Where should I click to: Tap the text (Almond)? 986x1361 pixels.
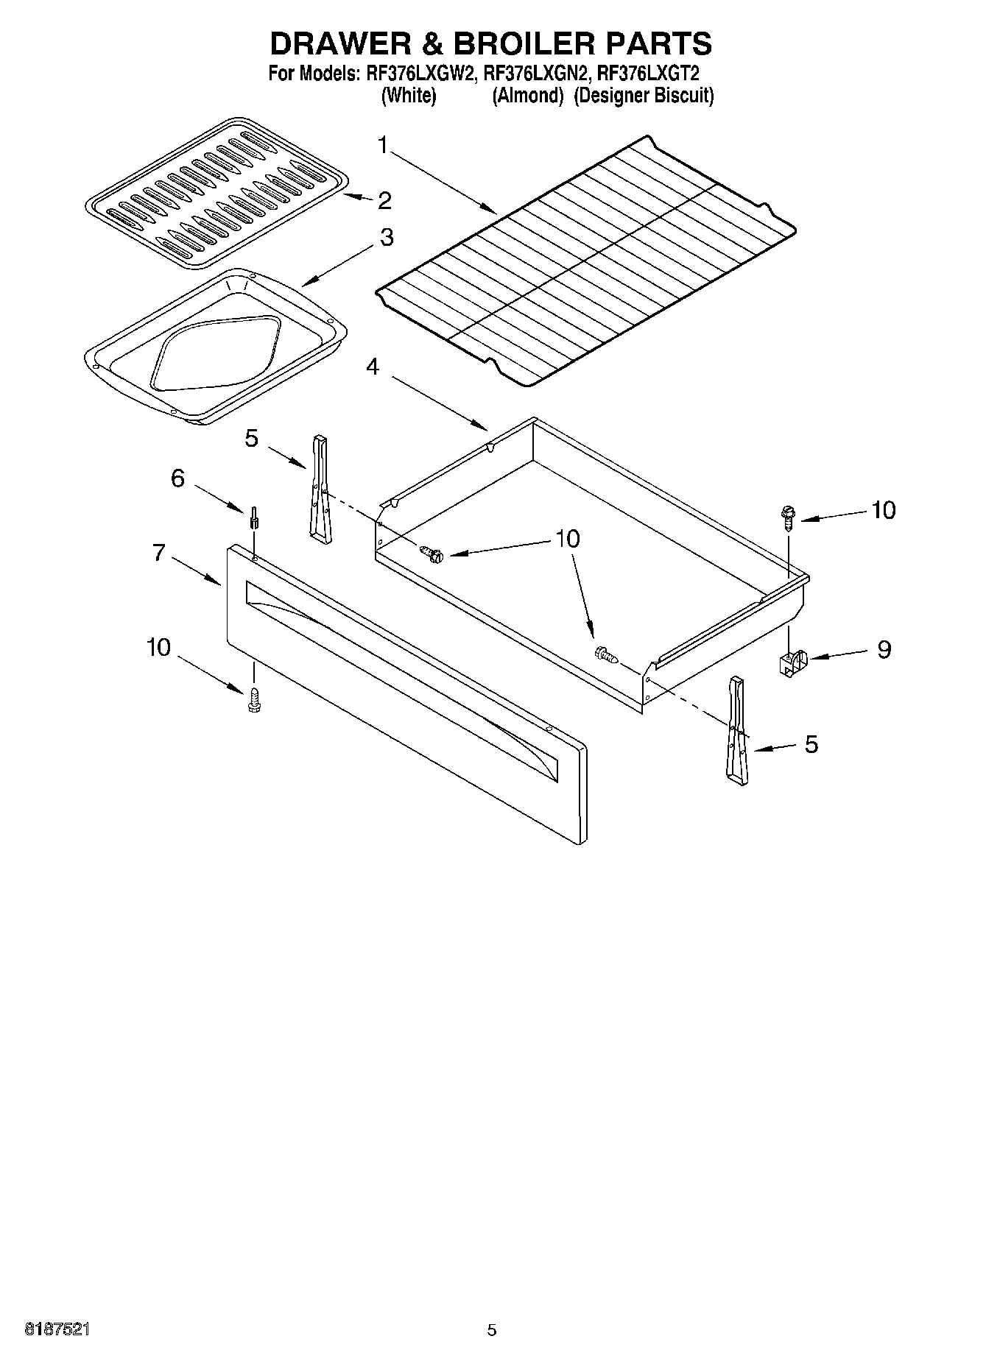pyautogui.click(x=527, y=96)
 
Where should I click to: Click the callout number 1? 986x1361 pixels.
pyautogui.click(x=382, y=145)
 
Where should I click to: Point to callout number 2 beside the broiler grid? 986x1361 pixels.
pyautogui.click(x=384, y=200)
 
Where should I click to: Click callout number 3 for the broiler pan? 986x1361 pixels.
pyautogui.click(x=386, y=237)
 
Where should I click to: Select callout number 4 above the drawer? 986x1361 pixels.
pyautogui.click(x=373, y=366)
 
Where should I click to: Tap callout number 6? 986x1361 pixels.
pyautogui.click(x=177, y=478)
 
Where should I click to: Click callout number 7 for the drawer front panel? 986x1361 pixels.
pyautogui.click(x=159, y=552)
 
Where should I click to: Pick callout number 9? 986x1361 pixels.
pyautogui.click(x=884, y=649)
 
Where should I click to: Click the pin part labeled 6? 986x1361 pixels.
pyautogui.click(x=254, y=518)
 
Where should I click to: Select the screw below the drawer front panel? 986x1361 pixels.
pyautogui.click(x=254, y=699)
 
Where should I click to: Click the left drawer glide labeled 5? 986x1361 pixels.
pyautogui.click(x=320, y=489)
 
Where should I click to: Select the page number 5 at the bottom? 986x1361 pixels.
pyautogui.click(x=492, y=1330)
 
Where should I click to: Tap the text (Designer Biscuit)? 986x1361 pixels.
pyautogui.click(x=644, y=96)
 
